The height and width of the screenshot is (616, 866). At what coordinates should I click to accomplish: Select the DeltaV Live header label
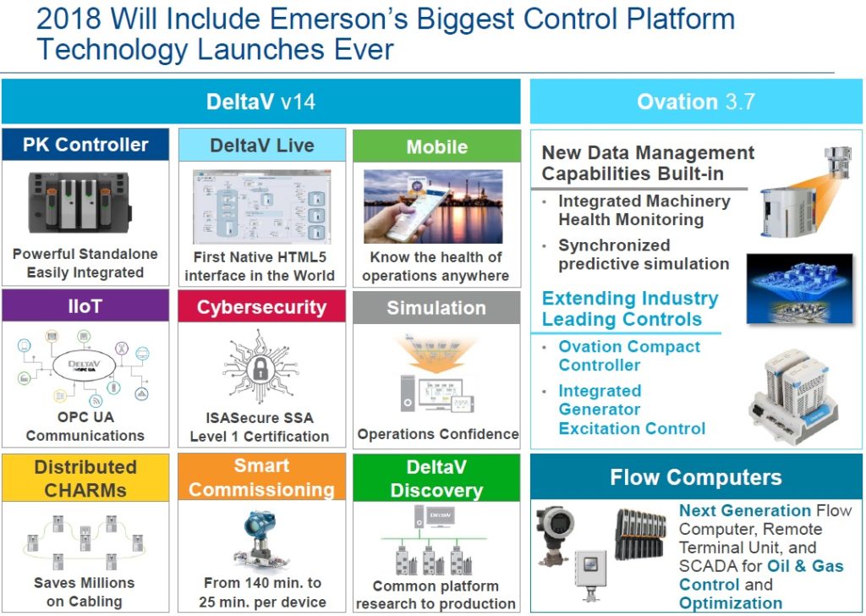click(x=261, y=145)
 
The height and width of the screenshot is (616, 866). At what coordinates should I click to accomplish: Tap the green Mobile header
click(x=436, y=146)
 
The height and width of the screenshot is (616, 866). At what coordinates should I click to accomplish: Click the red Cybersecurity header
click(x=261, y=307)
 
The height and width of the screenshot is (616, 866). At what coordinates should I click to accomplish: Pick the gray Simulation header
click(x=436, y=308)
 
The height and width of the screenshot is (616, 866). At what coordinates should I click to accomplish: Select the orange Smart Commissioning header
click(x=261, y=477)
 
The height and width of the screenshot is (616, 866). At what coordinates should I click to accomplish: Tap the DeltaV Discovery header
click(x=436, y=479)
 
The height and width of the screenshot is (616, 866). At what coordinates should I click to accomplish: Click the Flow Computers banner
click(x=696, y=477)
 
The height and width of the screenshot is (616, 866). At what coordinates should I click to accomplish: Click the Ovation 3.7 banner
click(x=696, y=102)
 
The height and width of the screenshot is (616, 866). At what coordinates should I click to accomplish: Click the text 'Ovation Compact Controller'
click(x=629, y=356)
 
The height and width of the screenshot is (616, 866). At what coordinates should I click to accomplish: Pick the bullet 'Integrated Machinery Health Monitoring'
click(x=644, y=211)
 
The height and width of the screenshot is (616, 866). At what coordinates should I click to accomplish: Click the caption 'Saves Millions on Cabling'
click(x=84, y=592)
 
